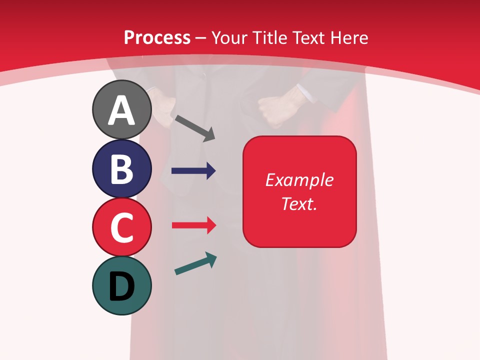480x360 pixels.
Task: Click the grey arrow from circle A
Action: point(194,128)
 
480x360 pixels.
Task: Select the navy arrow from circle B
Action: point(193,171)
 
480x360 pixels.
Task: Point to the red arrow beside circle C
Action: point(193,225)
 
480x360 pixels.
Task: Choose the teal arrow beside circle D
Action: point(195,264)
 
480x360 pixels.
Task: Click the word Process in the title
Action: point(157,37)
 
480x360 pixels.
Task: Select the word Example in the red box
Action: point(299,180)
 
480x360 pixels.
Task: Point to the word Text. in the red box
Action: point(299,203)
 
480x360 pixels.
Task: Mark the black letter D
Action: point(121,287)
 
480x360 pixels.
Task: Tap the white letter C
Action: point(121,228)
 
